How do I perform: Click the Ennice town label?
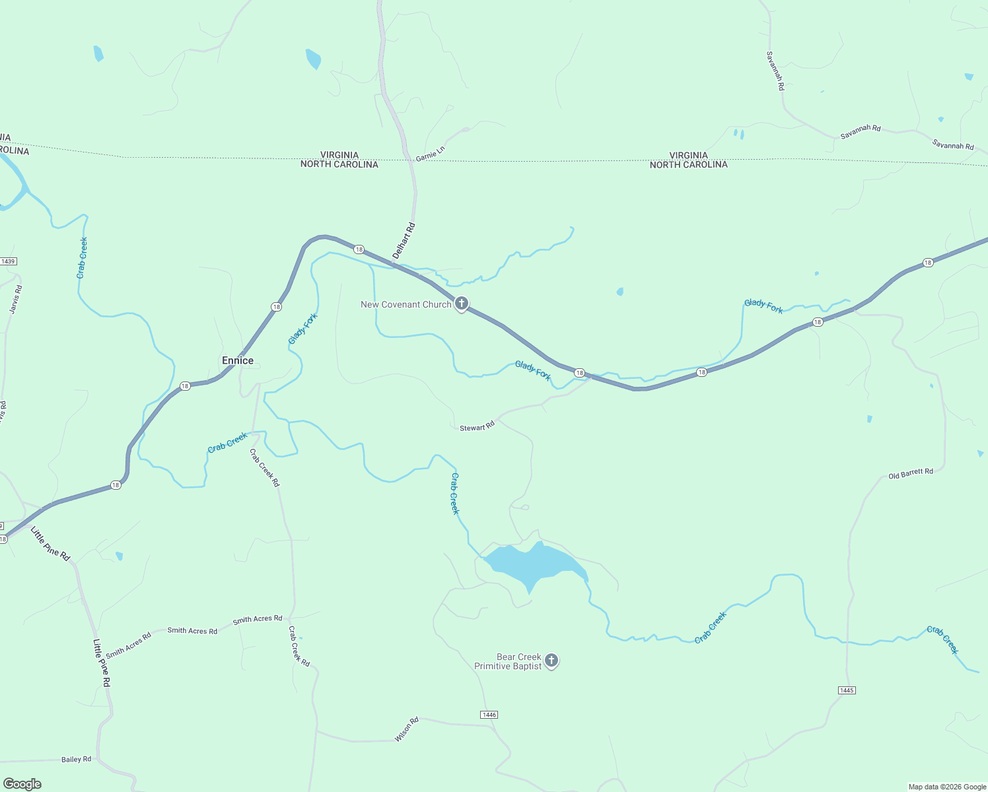[x=238, y=360]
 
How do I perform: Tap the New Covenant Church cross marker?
[x=462, y=304]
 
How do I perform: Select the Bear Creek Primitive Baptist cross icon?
[x=551, y=660]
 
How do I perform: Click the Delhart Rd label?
[x=404, y=241]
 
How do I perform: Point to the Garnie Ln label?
[x=431, y=154]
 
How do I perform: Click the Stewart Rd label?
[x=477, y=427]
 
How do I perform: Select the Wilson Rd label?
[x=407, y=729]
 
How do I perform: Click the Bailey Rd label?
[x=76, y=760]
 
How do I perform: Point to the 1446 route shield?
[x=489, y=715]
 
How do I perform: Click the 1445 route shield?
[x=847, y=690]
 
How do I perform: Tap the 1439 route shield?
[x=8, y=261]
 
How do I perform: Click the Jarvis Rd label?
[x=17, y=299]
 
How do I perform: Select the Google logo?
[x=22, y=784]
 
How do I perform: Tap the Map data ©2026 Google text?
[x=947, y=787]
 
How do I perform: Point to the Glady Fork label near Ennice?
[x=303, y=329]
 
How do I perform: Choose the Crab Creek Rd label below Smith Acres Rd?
[x=299, y=646]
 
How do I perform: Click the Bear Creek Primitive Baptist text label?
[x=509, y=661]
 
